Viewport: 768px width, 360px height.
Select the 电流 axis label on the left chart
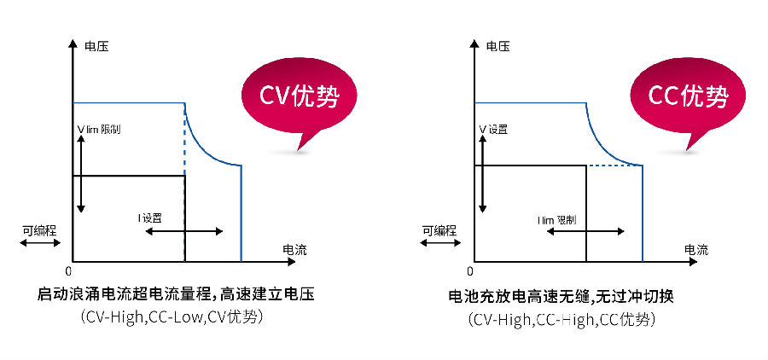(294, 250)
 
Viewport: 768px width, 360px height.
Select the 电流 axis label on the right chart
(695, 250)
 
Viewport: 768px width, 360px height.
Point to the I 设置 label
(150, 218)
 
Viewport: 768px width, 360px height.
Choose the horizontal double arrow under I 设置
(184, 231)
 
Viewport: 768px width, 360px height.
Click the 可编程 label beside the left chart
(39, 230)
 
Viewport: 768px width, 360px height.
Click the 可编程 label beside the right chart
(439, 230)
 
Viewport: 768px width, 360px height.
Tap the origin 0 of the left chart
(68, 270)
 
